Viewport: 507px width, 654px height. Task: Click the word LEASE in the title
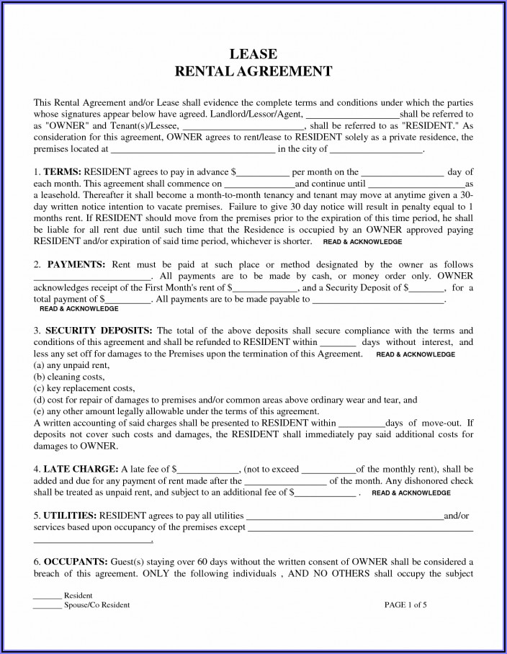tap(253, 55)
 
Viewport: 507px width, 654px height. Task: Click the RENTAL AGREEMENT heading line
tap(253, 71)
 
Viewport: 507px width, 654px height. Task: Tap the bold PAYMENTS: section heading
tap(73, 265)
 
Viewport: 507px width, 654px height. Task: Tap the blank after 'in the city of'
tap(376, 151)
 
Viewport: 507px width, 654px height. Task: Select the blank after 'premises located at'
tap(192, 151)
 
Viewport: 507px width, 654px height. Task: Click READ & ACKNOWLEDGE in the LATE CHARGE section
tap(412, 493)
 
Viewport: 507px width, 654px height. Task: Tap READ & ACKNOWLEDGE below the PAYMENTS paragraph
tap(79, 308)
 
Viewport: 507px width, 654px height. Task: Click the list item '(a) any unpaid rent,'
tap(71, 366)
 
